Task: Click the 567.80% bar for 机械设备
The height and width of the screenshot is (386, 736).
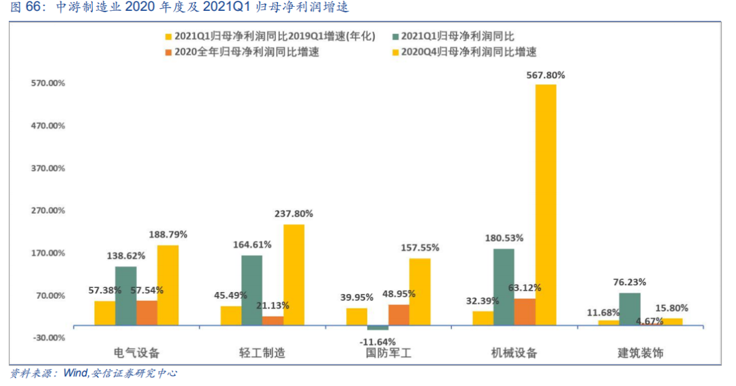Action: (x=545, y=204)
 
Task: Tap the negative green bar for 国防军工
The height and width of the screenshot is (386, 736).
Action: (x=378, y=327)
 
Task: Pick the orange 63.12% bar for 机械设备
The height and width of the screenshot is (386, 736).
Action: (x=525, y=312)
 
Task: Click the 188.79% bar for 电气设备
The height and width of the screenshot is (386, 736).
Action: (x=168, y=285)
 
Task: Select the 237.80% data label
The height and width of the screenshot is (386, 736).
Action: (x=294, y=214)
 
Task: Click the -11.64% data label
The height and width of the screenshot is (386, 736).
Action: (x=377, y=341)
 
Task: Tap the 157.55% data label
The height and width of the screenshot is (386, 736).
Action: (x=420, y=248)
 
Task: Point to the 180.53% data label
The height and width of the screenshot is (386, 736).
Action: (x=504, y=238)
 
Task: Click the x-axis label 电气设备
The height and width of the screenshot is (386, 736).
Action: (x=136, y=353)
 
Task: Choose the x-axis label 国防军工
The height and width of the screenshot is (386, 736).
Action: (x=388, y=353)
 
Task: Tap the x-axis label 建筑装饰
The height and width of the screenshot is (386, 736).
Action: (x=641, y=353)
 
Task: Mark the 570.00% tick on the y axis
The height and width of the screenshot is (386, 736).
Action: (x=48, y=83)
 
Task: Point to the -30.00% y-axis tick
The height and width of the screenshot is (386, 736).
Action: (x=48, y=338)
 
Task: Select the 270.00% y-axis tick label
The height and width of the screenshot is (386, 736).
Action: (x=48, y=210)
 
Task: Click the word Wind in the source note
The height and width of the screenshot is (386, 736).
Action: (x=75, y=374)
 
